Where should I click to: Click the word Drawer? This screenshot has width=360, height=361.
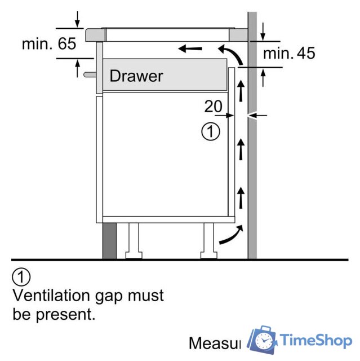[136, 76]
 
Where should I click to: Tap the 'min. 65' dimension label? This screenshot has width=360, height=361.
[49, 44]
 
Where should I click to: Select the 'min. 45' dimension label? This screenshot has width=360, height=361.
[290, 54]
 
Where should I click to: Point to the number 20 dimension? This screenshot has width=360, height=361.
[214, 106]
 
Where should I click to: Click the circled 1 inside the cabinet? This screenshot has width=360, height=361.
[210, 133]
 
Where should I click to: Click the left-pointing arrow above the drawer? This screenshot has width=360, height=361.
[190, 49]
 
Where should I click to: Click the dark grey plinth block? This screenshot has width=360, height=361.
[109, 240]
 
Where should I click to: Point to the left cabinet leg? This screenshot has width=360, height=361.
[134, 240]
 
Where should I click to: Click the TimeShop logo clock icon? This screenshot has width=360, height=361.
[263, 341]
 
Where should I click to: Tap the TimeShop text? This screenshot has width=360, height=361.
[316, 341]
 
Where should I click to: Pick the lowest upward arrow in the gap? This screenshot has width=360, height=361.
[241, 198]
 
